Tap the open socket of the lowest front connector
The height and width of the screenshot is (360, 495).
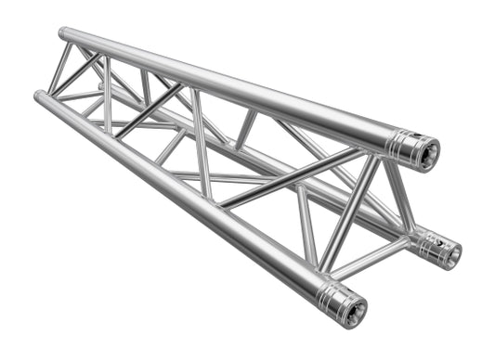click(x=354, y=309)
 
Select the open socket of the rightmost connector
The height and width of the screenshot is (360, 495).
click(x=451, y=251)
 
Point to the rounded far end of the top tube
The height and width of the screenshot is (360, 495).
click(x=63, y=33)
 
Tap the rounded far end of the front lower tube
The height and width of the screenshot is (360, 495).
click(x=38, y=96)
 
